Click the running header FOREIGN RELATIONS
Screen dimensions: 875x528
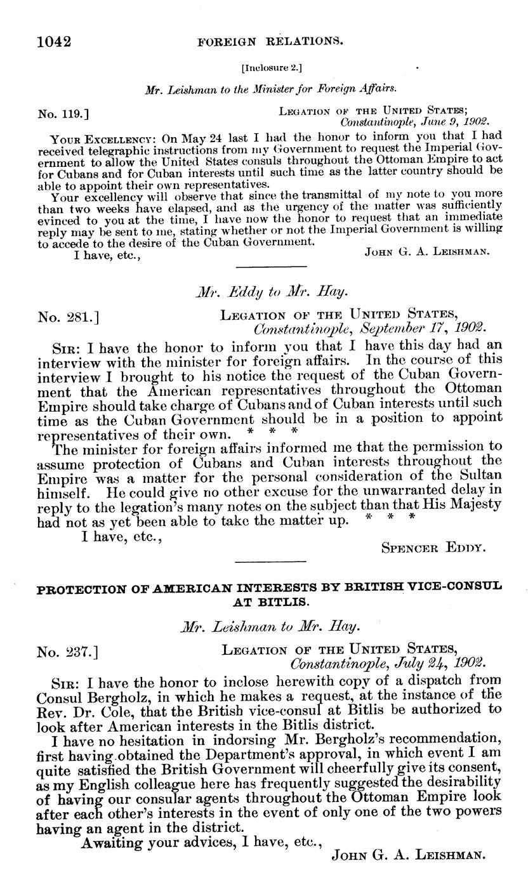[271, 43]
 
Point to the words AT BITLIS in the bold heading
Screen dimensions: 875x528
[270, 600]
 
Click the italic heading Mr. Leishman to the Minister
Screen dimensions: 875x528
[271, 90]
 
